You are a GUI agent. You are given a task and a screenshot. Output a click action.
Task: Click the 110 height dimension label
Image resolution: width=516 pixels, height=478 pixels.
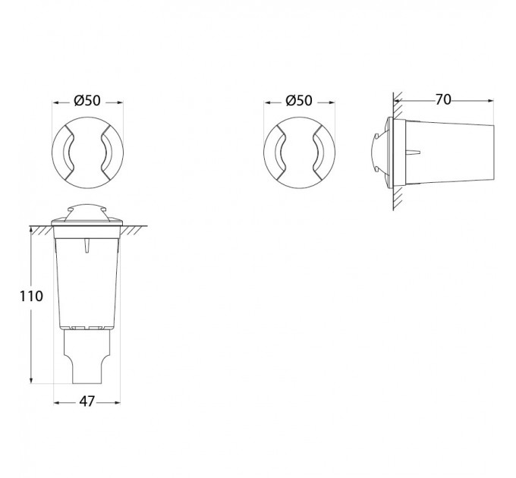tap(31, 296)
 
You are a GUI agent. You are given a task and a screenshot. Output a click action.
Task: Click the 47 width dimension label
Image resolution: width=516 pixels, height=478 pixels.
tap(87, 401)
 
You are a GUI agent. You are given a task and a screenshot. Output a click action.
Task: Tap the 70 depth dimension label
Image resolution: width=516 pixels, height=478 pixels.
tap(443, 99)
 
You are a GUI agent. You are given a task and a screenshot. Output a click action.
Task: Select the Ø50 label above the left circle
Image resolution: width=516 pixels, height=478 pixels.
tap(87, 101)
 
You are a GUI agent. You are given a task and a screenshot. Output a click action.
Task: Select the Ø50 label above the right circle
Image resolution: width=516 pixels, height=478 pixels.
tap(299, 101)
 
